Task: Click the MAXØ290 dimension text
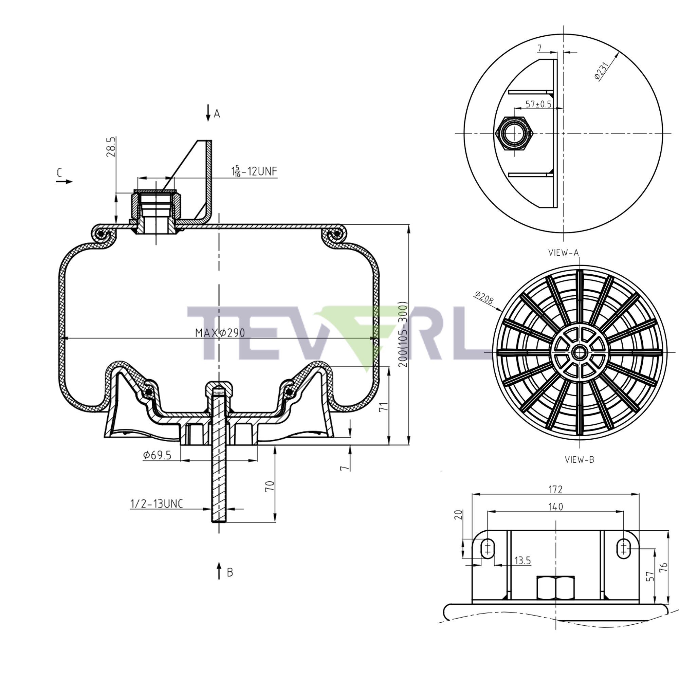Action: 220,332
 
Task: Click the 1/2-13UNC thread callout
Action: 157,504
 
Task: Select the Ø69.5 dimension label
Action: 157,456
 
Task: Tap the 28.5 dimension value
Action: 111,147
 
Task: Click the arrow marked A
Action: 208,112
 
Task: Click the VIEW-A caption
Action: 563,252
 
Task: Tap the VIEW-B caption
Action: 579,460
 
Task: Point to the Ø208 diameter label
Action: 484,298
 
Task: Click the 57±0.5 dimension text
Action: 538,104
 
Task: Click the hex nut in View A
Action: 514,133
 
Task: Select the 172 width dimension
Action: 555,489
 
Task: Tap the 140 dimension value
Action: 555,507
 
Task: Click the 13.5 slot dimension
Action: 522,561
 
